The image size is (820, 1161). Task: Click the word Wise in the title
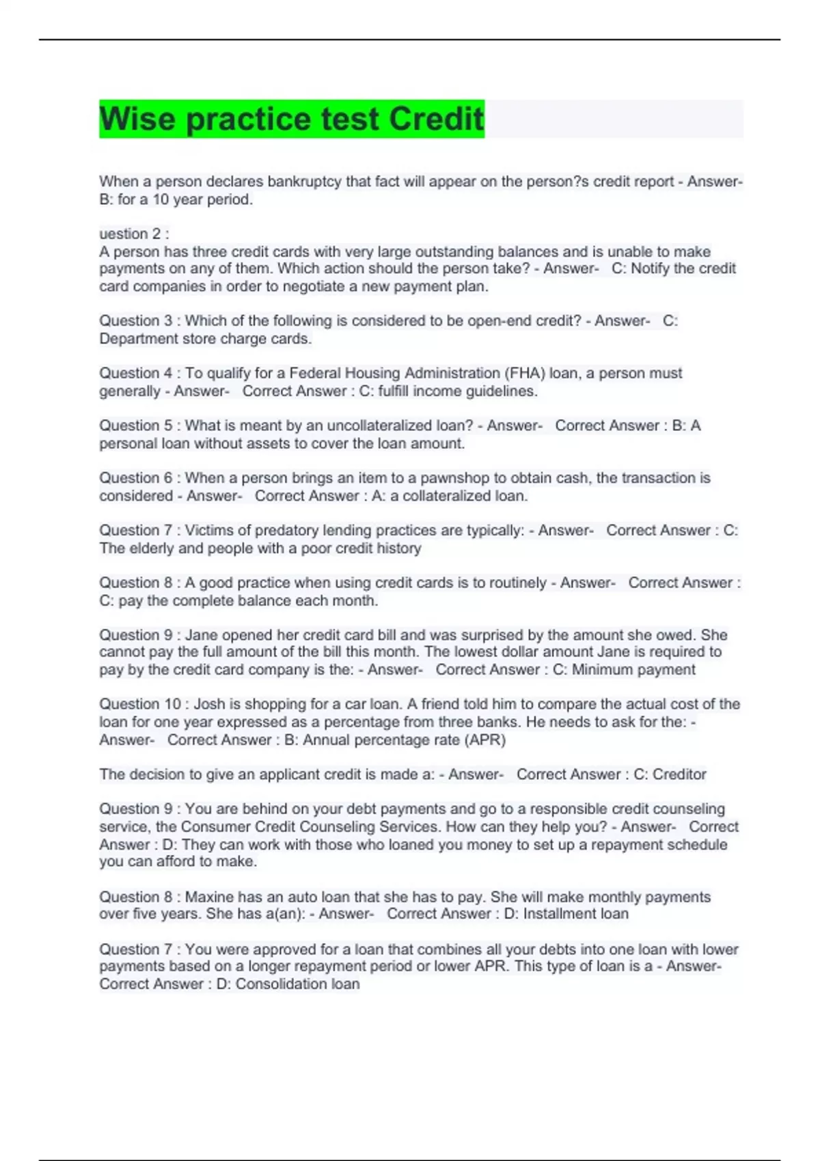tap(138, 119)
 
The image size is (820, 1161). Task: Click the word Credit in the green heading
tap(436, 119)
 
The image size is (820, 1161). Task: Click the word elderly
tap(153, 548)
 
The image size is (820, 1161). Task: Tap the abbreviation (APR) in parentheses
tap(484, 740)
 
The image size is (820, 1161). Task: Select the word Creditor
tap(679, 774)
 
